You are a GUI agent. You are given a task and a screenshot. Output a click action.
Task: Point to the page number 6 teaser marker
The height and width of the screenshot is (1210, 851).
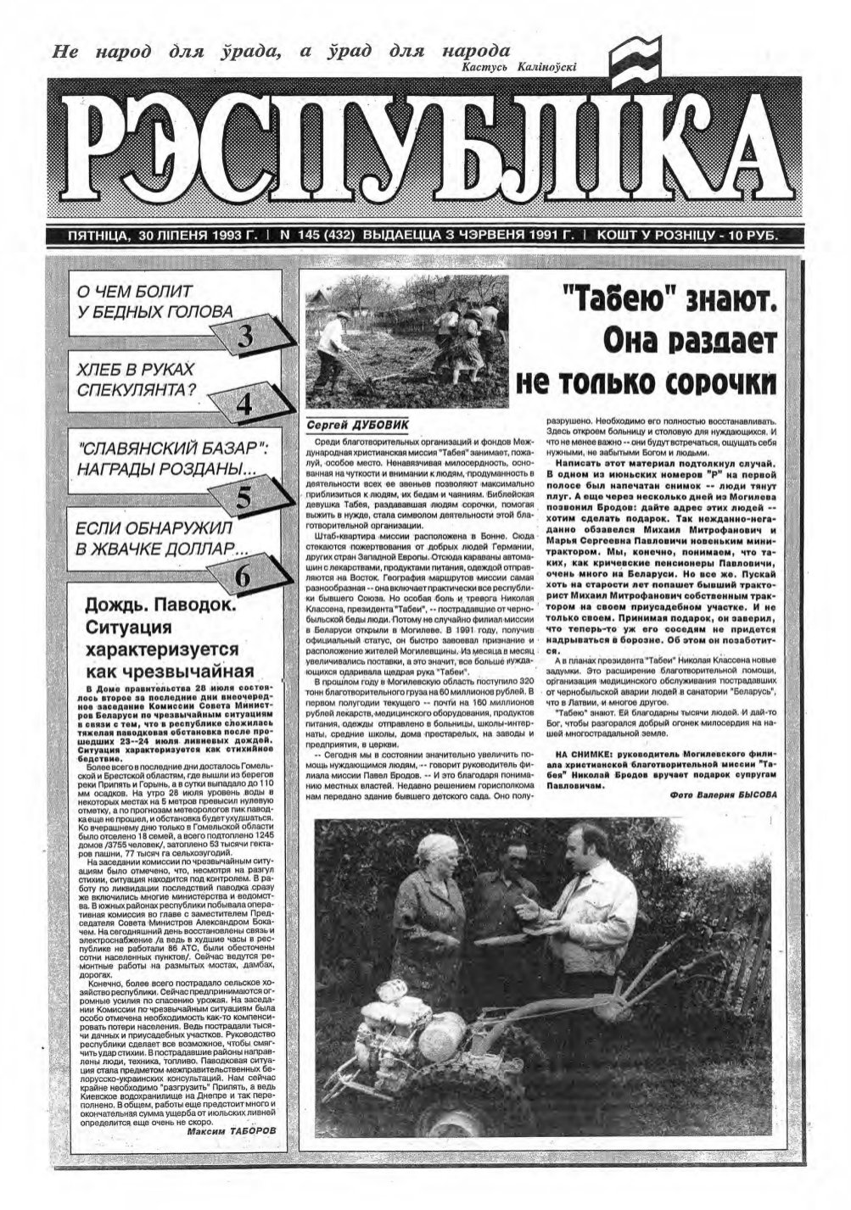[243, 577]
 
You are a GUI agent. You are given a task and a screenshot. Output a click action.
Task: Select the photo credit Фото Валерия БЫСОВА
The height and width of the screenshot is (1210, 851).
[722, 795]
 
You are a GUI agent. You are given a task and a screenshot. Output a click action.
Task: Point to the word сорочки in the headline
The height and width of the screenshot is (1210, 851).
[723, 381]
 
